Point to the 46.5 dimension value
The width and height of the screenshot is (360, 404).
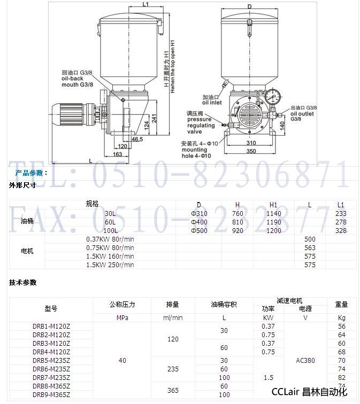point(137,139)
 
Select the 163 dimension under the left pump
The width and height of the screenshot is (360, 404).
point(118,154)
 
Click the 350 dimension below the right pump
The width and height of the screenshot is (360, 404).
point(251,152)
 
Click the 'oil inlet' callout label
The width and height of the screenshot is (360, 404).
point(212,100)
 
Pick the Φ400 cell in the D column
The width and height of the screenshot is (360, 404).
point(198,222)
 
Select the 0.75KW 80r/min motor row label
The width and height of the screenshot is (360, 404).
point(111,247)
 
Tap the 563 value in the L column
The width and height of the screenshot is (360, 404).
point(310,247)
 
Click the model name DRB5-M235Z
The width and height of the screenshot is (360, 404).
point(51,361)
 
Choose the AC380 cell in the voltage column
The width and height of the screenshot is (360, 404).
point(305,361)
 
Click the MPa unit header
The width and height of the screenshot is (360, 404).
point(122,317)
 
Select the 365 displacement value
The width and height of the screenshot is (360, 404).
point(173,391)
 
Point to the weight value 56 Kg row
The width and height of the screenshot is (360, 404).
point(342,326)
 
